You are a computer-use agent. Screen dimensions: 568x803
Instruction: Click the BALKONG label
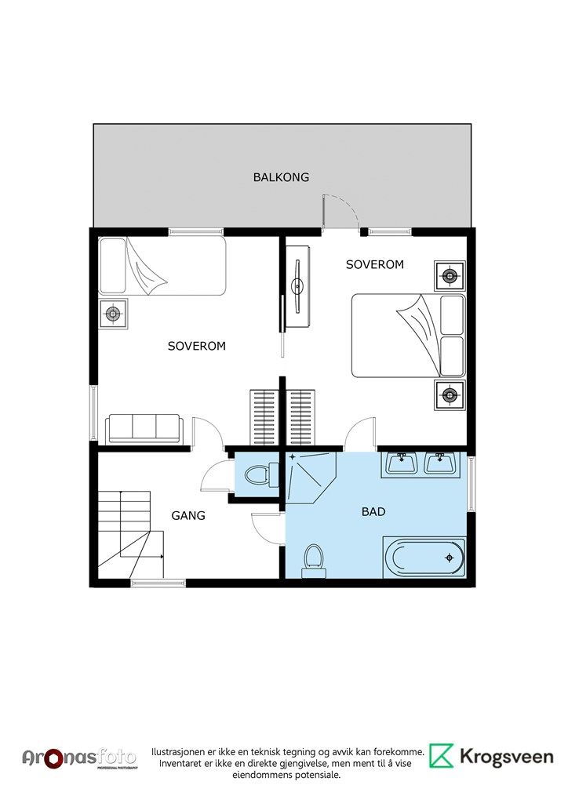tap(281, 177)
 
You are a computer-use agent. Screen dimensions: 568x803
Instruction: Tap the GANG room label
tap(188, 516)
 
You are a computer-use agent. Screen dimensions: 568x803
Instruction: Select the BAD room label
tap(373, 511)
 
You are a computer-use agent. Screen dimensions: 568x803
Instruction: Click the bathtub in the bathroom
tap(424, 558)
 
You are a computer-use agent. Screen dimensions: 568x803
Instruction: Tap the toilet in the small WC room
tap(260, 474)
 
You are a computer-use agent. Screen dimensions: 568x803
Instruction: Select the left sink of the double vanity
tap(401, 464)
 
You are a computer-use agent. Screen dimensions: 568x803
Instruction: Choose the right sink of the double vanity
tap(439, 464)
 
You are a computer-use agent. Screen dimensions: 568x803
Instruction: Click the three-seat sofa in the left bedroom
tap(144, 429)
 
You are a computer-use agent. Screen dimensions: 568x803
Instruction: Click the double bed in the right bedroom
tap(408, 336)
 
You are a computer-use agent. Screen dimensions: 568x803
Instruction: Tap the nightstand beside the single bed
tap(113, 313)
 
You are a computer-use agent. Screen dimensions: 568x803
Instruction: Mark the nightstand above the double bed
tap(450, 276)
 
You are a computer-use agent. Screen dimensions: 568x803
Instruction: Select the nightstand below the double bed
tap(450, 395)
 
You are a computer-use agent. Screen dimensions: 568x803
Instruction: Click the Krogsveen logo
tap(491, 757)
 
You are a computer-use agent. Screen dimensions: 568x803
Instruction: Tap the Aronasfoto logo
tap(79, 758)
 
